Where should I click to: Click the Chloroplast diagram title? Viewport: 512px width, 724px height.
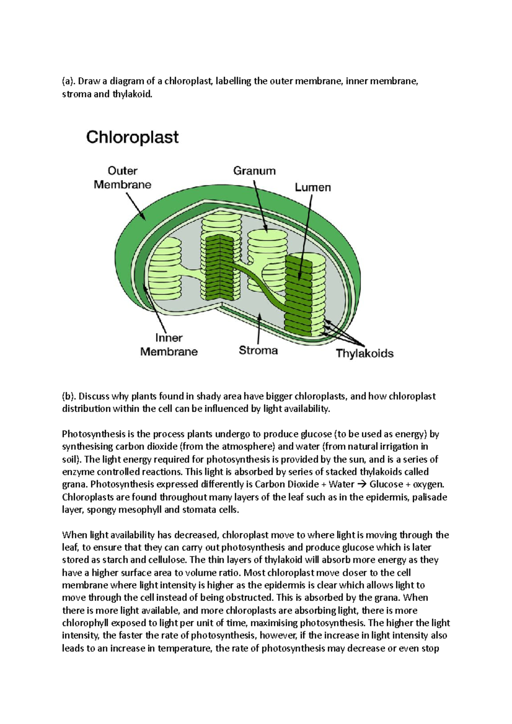tap(132, 137)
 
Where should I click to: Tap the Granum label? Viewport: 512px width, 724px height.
tap(254, 171)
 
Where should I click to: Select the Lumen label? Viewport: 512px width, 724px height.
tap(313, 187)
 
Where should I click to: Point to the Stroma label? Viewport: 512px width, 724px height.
tap(258, 350)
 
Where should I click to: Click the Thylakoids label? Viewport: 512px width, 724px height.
tap(364, 353)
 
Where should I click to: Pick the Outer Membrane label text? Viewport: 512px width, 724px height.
tap(122, 178)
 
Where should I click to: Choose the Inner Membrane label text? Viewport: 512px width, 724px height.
tap(169, 345)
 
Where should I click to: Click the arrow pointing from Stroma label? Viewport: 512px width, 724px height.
tap(259, 328)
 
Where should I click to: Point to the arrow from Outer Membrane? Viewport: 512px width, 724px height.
tap(136, 206)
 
